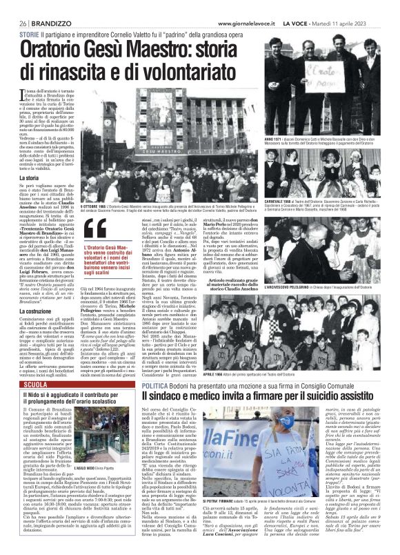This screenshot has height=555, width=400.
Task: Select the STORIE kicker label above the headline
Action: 29,34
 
